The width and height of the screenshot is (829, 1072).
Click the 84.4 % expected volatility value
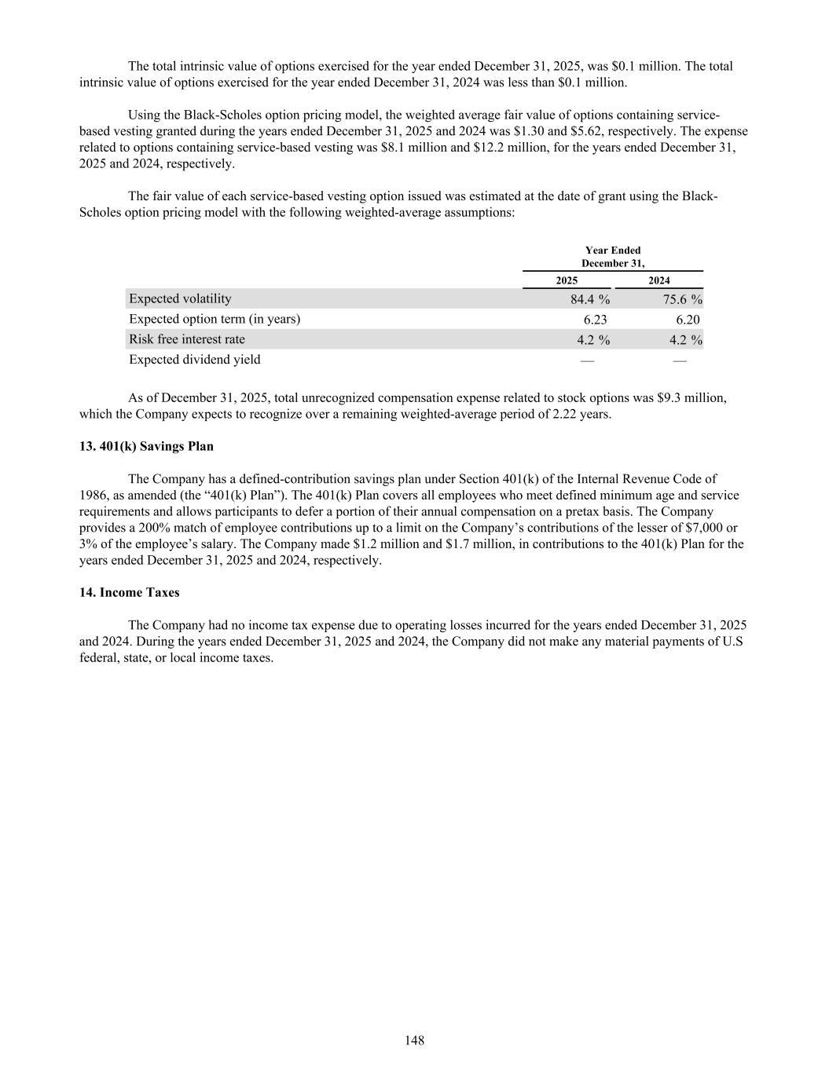point(590,299)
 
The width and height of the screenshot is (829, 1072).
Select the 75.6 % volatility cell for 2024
point(682,299)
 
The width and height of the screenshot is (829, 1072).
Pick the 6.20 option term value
point(688,320)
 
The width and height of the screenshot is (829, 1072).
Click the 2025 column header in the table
point(567,280)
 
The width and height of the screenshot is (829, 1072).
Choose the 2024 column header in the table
point(659,280)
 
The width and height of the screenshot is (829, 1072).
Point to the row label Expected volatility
point(180,298)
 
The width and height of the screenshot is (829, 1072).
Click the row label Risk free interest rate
point(187,339)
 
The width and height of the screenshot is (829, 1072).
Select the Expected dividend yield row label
point(195,360)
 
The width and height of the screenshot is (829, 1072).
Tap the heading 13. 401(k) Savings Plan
point(146,446)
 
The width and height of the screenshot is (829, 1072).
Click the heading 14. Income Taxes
point(129,592)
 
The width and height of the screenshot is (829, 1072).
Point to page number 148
point(415,1041)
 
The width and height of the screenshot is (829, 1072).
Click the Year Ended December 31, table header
point(613,257)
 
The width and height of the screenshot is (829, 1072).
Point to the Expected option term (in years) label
point(215,319)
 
